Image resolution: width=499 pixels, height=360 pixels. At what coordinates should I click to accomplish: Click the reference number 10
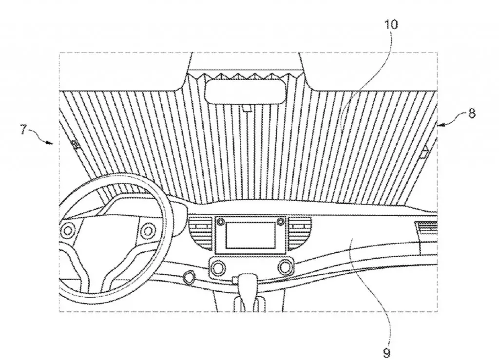pyautogui.click(x=391, y=24)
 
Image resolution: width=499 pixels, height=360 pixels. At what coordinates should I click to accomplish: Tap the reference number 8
pyautogui.click(x=472, y=114)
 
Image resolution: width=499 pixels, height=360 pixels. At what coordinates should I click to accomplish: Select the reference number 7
pyautogui.click(x=23, y=130)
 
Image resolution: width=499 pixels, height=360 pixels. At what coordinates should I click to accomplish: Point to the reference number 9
pyautogui.click(x=386, y=353)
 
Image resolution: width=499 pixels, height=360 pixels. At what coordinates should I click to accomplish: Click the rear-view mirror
pyautogui.click(x=245, y=91)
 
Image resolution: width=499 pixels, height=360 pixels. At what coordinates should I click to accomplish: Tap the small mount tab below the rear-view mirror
pyautogui.click(x=247, y=109)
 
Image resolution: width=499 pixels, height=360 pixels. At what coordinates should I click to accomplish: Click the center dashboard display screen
pyautogui.click(x=250, y=235)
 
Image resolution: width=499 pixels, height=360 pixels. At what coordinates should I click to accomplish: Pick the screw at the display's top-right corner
pyautogui.click(x=280, y=222)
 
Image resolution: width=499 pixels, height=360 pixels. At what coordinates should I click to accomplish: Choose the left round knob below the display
pyautogui.click(x=218, y=267)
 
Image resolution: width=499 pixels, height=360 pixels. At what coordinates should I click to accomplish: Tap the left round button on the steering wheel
pyautogui.click(x=67, y=230)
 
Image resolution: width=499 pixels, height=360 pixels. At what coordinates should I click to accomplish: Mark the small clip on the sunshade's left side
pyautogui.click(x=76, y=145)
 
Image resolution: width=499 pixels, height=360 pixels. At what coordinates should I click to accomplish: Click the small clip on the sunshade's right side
pyautogui.click(x=424, y=152)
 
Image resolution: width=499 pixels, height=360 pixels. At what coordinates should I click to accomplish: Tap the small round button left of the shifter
pyautogui.click(x=190, y=276)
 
